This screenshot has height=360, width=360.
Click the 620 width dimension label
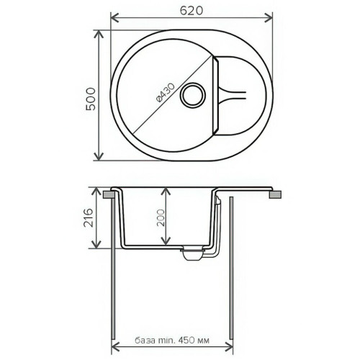click(x=192, y=11)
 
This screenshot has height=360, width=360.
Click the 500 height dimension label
click(x=91, y=99)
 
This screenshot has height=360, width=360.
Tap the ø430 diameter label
click(x=165, y=92)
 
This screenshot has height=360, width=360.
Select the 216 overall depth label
click(x=88, y=217)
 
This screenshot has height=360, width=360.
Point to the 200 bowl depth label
click(x=161, y=217)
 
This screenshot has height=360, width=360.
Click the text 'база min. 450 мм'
click(x=172, y=341)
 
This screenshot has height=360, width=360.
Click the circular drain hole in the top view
click(x=193, y=95)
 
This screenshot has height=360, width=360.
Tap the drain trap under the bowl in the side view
click(x=193, y=255)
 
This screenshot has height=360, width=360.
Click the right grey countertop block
click(x=275, y=194)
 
